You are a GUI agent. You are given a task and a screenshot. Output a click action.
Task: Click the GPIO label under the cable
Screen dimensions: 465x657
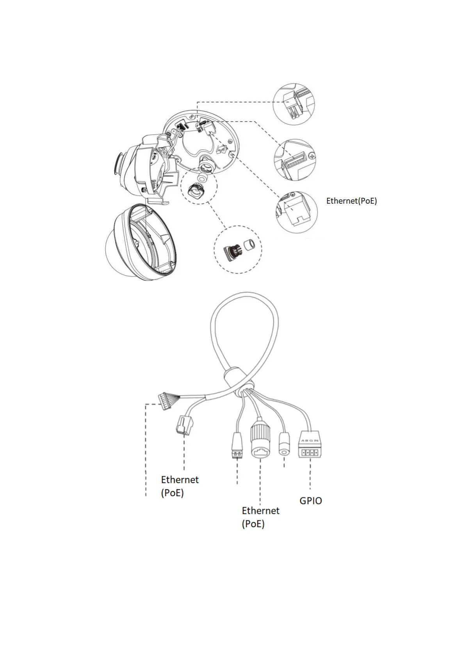pos(310,501)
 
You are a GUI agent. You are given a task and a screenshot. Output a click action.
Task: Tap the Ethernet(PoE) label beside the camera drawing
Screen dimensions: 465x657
pos(351,201)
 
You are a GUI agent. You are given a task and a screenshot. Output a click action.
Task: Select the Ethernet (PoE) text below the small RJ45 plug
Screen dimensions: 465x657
pos(180,486)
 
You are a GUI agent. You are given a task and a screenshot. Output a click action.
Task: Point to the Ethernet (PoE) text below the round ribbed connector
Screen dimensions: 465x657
pos(260,517)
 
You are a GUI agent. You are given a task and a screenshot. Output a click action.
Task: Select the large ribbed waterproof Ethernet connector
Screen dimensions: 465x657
pos(260,439)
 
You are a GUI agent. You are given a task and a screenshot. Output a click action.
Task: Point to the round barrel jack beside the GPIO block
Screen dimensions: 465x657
pos(284,445)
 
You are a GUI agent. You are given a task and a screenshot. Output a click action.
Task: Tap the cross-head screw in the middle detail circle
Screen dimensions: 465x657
pos(311,156)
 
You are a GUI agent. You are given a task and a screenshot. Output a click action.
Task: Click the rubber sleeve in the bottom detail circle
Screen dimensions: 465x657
pos(249,245)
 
